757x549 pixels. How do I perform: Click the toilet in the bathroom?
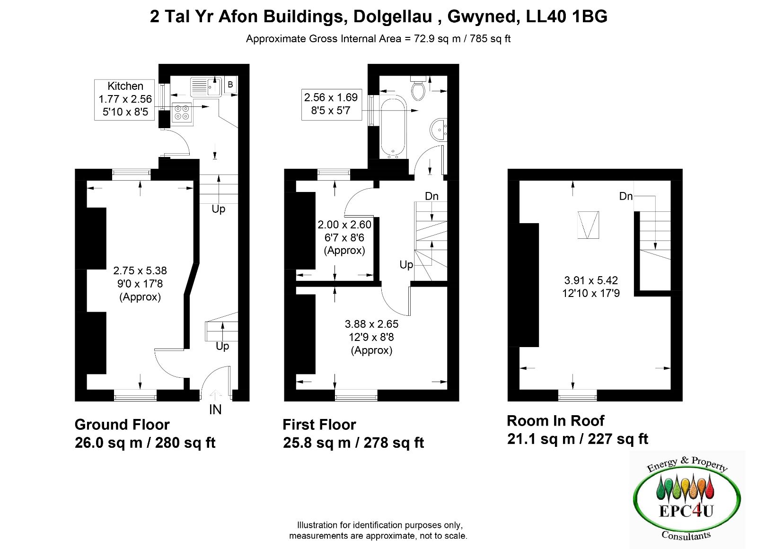tap(418, 88)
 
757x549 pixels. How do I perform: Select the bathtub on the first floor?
tap(393, 128)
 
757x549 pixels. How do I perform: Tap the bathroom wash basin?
tap(439, 130)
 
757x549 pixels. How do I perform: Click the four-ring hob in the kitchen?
tap(182, 113)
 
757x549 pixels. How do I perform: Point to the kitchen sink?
tap(206, 87)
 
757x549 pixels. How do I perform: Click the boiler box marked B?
tap(230, 85)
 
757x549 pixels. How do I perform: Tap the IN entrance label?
tap(215, 410)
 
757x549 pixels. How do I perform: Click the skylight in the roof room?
tap(588, 225)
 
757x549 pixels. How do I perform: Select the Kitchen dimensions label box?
tap(124, 100)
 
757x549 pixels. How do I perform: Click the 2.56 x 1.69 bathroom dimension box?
tap(332, 104)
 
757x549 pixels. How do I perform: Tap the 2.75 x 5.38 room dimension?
tap(140, 270)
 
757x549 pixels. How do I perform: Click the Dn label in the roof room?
tap(625, 196)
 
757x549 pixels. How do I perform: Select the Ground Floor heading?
tap(122, 425)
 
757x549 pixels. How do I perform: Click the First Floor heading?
tap(319, 425)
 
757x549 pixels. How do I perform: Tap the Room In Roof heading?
tap(555, 421)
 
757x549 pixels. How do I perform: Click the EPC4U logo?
tap(687, 499)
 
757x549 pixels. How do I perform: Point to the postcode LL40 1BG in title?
tap(567, 17)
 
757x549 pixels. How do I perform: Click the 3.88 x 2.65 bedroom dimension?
tap(371, 324)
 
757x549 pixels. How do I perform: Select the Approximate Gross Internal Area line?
tap(378, 39)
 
